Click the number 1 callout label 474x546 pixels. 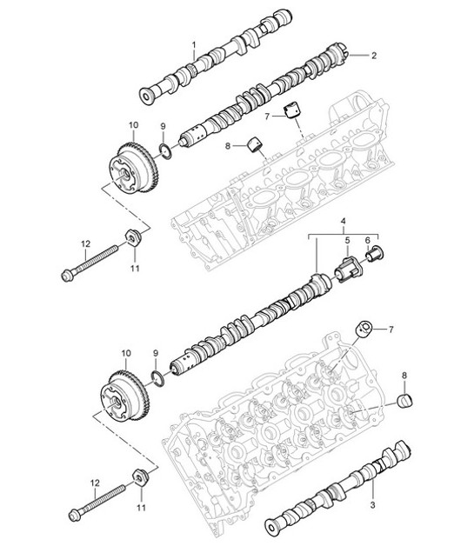pos(194,43)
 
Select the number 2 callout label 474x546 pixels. pos(374,56)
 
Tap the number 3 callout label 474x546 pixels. pos(372,505)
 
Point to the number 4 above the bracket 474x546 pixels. pos(343,223)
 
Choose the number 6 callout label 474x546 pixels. pos(368,241)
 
